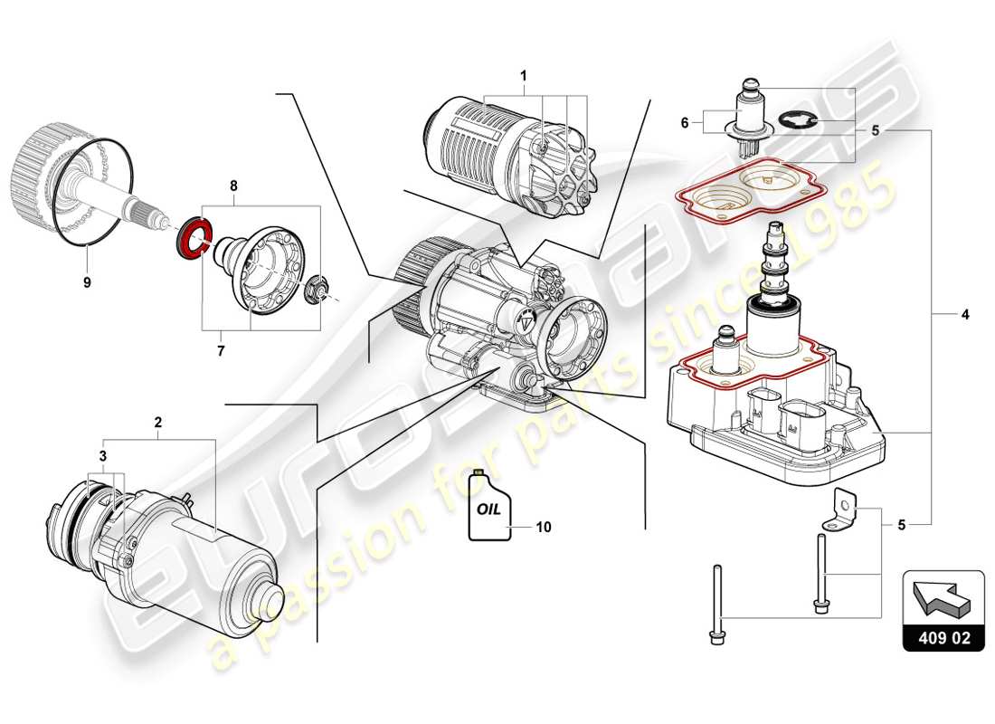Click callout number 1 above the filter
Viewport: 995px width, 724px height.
522,76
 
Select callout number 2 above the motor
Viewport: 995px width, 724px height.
157,423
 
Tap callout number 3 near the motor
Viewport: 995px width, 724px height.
104,455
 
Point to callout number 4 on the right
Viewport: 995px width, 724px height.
964,315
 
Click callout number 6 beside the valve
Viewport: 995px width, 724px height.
685,121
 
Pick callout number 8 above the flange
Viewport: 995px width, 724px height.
233,186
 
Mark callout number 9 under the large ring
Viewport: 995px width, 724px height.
87,282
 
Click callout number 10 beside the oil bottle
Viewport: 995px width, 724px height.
543,526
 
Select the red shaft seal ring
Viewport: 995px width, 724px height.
192,241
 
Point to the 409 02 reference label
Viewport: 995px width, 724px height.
943,637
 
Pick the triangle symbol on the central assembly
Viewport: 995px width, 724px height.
526,320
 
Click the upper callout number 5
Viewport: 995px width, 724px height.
875,130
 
